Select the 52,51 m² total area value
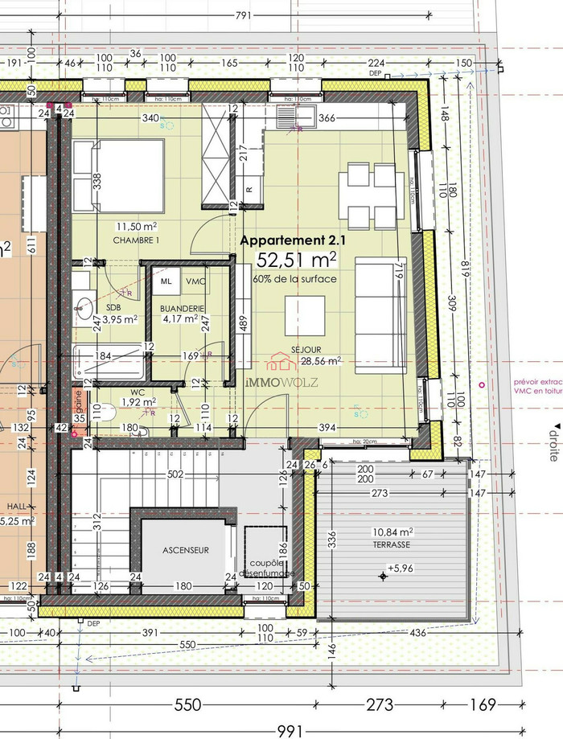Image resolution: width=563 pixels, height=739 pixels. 295,260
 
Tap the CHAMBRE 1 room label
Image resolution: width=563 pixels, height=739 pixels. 136,240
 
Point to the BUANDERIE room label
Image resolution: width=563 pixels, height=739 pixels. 183,308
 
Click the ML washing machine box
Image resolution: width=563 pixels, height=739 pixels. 166,281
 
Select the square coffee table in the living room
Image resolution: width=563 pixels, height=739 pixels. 305,315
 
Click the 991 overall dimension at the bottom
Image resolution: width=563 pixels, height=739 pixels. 289,730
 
